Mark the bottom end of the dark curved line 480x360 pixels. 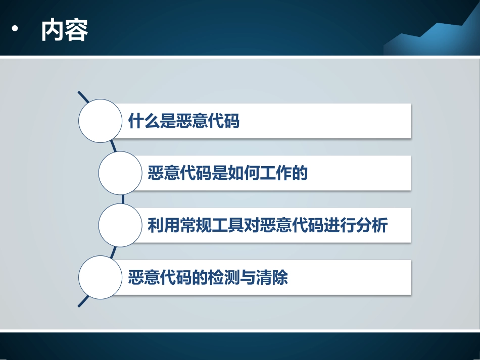[x=80, y=305]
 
